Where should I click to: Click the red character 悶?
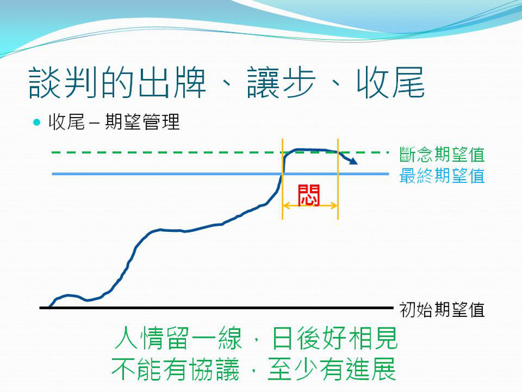(309, 195)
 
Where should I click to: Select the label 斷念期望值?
(442, 154)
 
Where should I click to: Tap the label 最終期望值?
(442, 176)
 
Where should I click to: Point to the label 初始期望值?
(442, 310)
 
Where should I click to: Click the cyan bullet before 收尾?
(37, 122)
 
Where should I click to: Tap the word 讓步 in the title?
(281, 83)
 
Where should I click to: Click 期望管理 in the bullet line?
(142, 122)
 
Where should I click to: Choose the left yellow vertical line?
(283, 179)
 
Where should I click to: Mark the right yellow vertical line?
(338, 179)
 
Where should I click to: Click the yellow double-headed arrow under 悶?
(310, 206)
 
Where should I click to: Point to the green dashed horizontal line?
(221, 153)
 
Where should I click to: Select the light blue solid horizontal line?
(221, 174)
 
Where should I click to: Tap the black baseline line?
(217, 308)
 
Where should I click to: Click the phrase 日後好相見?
(335, 338)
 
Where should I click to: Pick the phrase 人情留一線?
(178, 338)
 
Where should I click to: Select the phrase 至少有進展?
(331, 369)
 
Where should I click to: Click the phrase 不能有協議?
(175, 369)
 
